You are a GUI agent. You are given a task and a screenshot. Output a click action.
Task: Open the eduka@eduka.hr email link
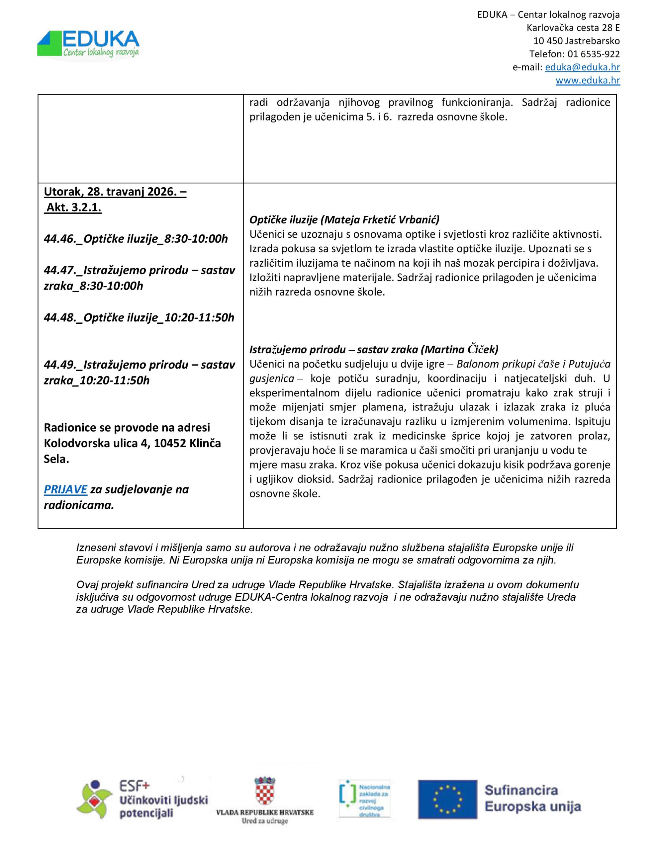pos(582,67)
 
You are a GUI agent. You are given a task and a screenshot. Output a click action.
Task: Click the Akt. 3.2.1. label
pos(74,208)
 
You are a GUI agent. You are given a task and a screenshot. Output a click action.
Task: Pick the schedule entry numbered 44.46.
pos(136,239)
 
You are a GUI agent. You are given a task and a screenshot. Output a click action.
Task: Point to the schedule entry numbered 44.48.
pos(139,317)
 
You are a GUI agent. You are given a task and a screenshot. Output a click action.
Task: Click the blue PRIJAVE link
pos(65,489)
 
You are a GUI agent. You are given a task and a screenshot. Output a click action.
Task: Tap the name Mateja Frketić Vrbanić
pos(380,220)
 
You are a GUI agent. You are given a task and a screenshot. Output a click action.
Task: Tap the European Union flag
pos(447,799)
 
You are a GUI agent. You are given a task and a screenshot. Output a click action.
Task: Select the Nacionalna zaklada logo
pos(364,798)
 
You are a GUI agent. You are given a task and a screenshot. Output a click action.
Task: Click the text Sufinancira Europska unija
pos(532,798)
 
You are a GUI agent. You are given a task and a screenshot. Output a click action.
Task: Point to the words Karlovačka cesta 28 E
pos(573,28)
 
